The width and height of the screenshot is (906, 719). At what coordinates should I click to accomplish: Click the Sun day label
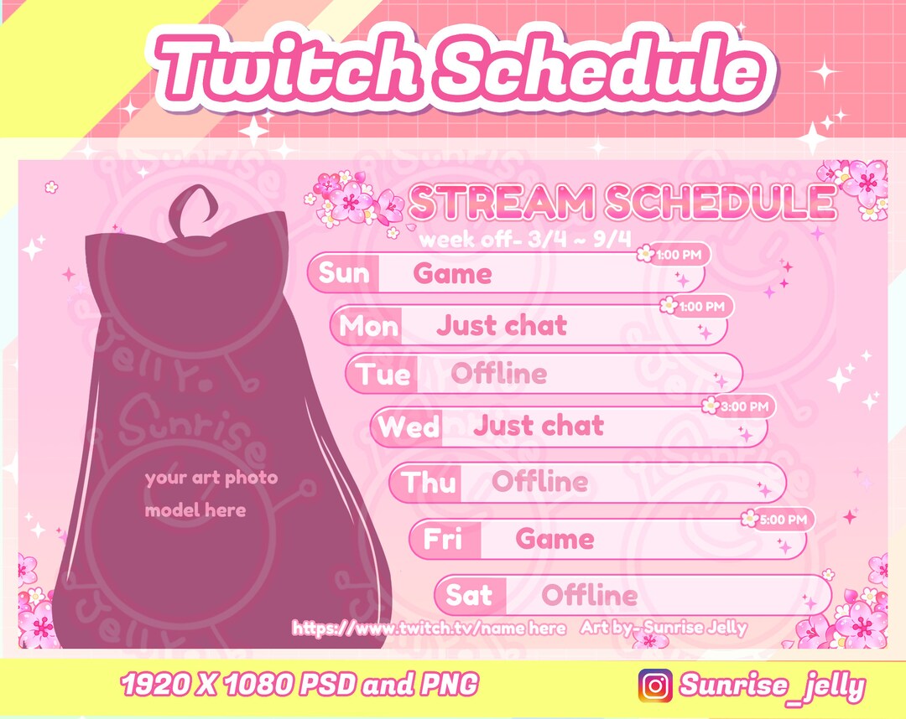click(344, 273)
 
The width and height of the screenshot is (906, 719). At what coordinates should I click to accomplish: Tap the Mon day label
click(368, 325)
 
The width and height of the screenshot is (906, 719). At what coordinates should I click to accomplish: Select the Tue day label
click(383, 374)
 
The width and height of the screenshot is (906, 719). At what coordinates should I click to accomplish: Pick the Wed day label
click(409, 427)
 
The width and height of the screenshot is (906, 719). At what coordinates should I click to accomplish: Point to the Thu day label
click(430, 482)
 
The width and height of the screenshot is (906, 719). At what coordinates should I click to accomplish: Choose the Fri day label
click(443, 539)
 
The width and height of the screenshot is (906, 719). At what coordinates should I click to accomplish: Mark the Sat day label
click(469, 595)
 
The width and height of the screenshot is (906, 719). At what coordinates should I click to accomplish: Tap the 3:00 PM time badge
click(739, 406)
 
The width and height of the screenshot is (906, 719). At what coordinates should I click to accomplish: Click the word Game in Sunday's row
click(453, 274)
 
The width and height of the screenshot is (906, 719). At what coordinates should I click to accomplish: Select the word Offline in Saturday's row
click(589, 596)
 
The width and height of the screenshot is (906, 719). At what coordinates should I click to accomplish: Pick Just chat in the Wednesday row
click(538, 426)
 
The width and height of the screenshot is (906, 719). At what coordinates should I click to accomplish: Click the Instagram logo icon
click(655, 685)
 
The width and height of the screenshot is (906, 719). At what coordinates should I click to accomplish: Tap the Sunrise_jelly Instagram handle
click(772, 686)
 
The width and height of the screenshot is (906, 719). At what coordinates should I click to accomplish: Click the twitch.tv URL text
click(429, 628)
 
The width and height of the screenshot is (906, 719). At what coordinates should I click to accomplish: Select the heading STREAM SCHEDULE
click(622, 202)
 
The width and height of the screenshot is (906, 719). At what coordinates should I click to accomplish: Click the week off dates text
click(525, 240)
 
